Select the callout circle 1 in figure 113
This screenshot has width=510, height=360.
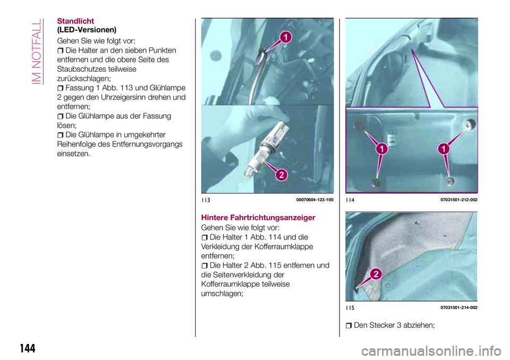point(285,37)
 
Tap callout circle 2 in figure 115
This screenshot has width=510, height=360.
point(375,273)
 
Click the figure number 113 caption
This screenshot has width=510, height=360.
point(206,200)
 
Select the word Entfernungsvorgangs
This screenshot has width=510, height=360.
point(144,144)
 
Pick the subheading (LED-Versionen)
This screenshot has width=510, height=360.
point(87,29)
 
